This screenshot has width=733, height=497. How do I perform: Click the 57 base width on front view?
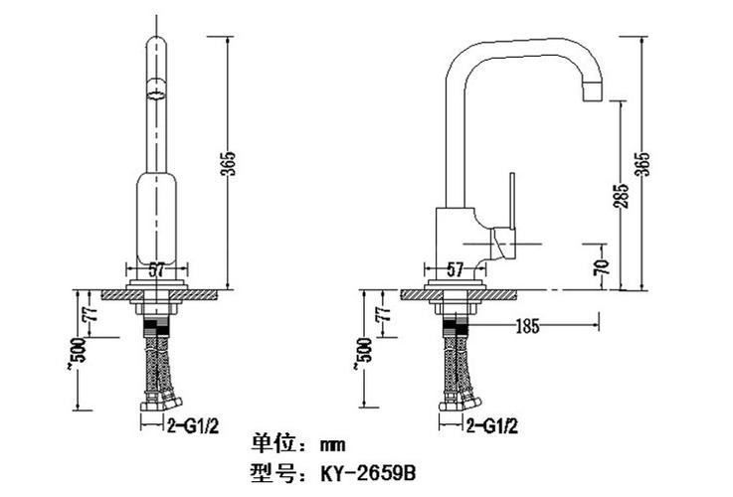[x=156, y=268]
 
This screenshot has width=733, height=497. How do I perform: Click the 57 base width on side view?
[x=455, y=268]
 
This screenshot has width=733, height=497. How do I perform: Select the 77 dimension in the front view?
[x=91, y=312]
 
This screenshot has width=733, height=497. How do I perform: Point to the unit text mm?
[x=330, y=443]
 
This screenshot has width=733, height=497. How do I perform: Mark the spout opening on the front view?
[x=155, y=94]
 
